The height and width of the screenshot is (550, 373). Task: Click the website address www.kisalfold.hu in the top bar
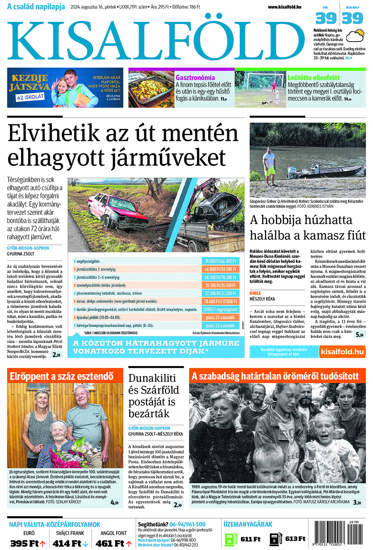point(284,7)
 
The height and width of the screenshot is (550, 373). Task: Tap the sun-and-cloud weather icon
point(355,36)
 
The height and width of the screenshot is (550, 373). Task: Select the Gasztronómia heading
point(195,77)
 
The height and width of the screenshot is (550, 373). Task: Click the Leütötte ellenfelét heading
point(314,77)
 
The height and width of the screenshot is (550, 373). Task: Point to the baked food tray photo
point(151,89)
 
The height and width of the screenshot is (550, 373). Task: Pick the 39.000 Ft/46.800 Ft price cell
point(220,261)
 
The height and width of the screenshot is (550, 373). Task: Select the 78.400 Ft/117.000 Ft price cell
point(220,301)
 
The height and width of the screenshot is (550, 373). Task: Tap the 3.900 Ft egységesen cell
point(220,309)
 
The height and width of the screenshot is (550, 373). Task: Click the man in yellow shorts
point(270,162)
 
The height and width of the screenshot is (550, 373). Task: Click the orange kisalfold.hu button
point(342,352)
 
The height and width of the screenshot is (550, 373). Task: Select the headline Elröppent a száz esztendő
point(61,376)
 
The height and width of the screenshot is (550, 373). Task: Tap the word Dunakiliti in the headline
point(152,378)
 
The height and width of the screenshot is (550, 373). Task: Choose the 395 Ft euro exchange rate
point(27,543)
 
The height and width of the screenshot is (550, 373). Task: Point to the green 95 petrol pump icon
point(230,539)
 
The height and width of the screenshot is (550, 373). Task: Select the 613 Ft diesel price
point(295,539)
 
